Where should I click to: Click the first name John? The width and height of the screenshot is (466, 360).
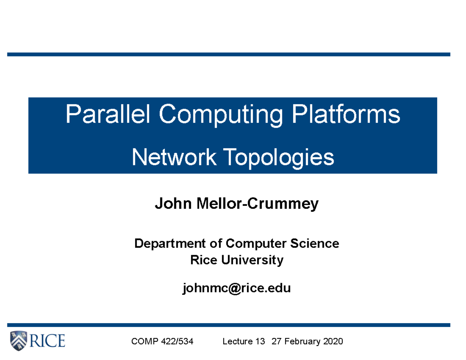170,203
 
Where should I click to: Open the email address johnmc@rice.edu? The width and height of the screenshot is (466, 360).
236,288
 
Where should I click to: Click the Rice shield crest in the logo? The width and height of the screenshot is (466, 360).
19,341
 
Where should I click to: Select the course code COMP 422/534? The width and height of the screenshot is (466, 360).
162,342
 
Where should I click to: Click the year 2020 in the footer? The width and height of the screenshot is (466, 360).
332,342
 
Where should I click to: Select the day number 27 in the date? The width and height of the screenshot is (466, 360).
276,342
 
